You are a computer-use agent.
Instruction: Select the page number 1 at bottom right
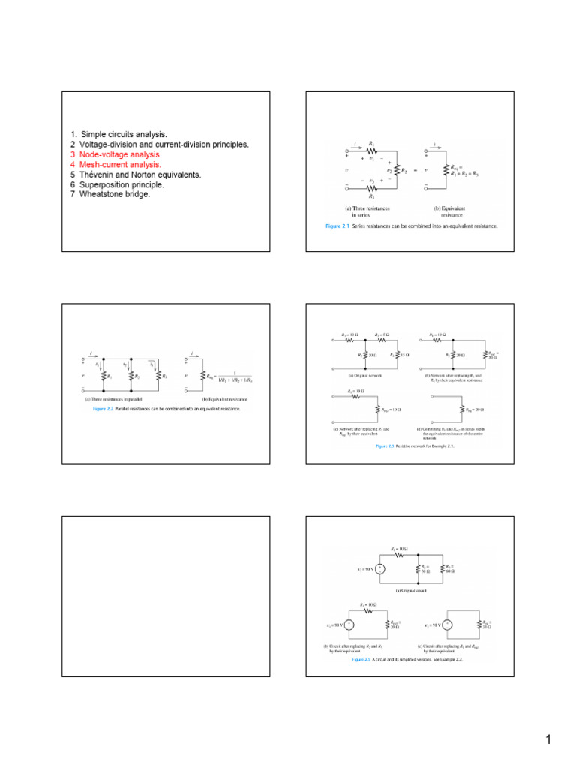click(548, 741)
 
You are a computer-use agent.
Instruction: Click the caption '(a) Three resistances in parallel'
click(112, 399)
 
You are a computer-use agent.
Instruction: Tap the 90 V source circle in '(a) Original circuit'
click(380, 569)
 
